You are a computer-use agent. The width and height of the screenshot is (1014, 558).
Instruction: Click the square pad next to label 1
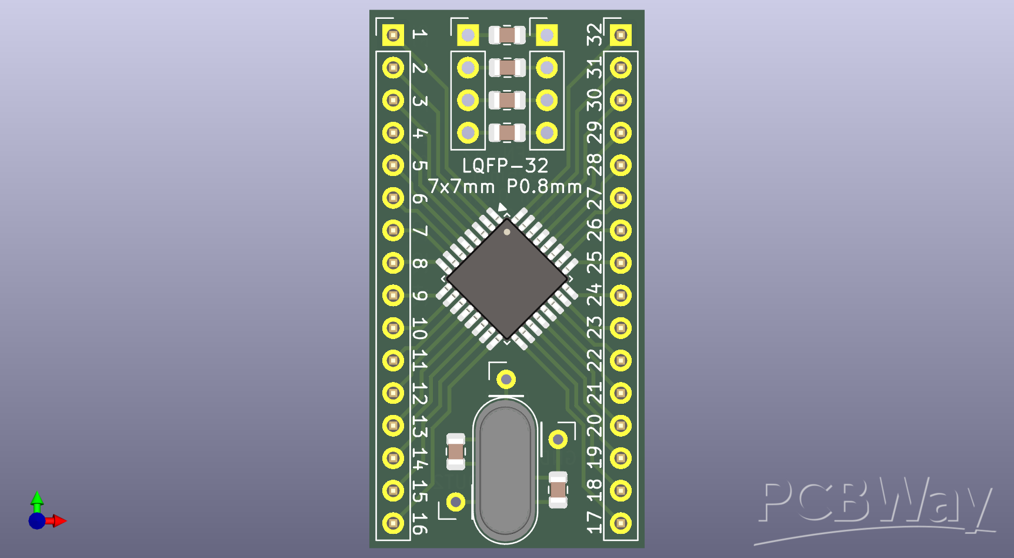[393, 35]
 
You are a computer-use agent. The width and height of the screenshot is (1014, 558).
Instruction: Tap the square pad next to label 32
[621, 35]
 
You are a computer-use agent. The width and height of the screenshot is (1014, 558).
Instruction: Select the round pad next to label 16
[393, 523]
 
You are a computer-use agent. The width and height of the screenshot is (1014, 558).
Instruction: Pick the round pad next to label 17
[621, 523]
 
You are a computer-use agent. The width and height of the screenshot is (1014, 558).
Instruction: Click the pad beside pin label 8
[393, 263]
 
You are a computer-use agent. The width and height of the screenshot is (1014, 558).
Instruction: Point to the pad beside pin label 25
[621, 263]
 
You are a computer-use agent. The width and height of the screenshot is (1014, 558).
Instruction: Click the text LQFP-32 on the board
[505, 166]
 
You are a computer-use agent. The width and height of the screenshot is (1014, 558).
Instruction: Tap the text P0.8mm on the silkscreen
[544, 187]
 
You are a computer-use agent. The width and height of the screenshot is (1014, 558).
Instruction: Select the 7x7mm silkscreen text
[462, 187]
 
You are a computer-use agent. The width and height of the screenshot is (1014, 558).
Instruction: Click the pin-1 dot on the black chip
[507, 232]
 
